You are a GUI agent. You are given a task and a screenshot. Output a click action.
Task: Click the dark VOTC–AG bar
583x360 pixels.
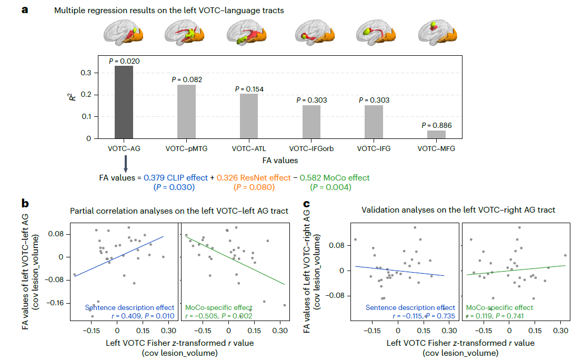pyautogui.click(x=124, y=102)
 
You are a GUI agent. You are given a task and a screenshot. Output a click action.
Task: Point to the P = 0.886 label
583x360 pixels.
pyautogui.click(x=436, y=125)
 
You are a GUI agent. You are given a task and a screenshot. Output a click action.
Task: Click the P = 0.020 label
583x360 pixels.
pyautogui.click(x=124, y=61)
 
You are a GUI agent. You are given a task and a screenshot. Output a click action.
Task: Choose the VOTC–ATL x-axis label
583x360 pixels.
pyautogui.click(x=249, y=149)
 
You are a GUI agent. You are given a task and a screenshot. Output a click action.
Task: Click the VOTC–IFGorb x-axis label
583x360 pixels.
pyautogui.click(x=311, y=149)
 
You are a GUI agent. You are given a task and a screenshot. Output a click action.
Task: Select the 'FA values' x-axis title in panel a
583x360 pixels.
pyautogui.click(x=280, y=160)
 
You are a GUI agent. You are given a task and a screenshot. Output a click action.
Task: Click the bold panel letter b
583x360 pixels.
pyautogui.click(x=25, y=202)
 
